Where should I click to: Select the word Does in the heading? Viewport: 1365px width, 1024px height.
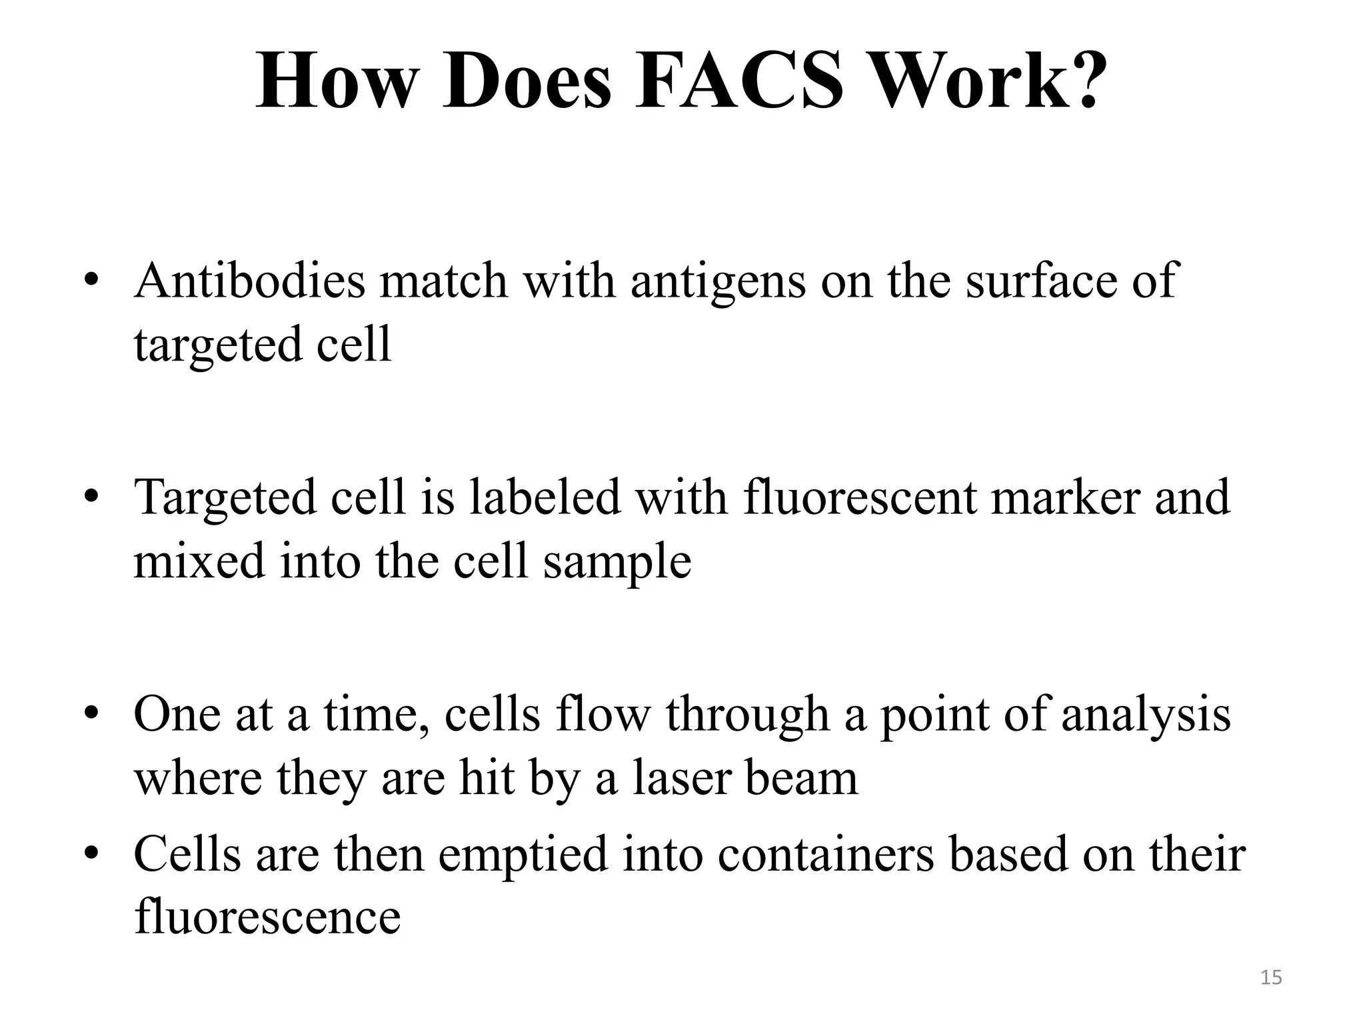(x=526, y=82)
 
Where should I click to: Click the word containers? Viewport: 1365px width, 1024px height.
(x=826, y=855)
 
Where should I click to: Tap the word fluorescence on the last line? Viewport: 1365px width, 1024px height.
(x=267, y=917)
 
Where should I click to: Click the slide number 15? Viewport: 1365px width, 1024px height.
(x=1271, y=978)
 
